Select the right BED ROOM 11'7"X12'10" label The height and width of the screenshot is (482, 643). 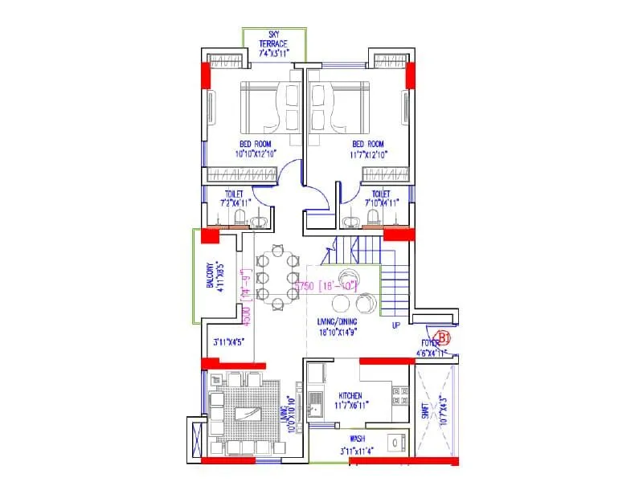[x=369, y=149]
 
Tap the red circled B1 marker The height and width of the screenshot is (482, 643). [x=441, y=337]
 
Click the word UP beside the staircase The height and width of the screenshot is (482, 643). [x=395, y=326]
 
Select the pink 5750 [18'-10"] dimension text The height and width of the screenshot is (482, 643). [x=326, y=285]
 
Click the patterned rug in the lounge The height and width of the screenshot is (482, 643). [x=244, y=412]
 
